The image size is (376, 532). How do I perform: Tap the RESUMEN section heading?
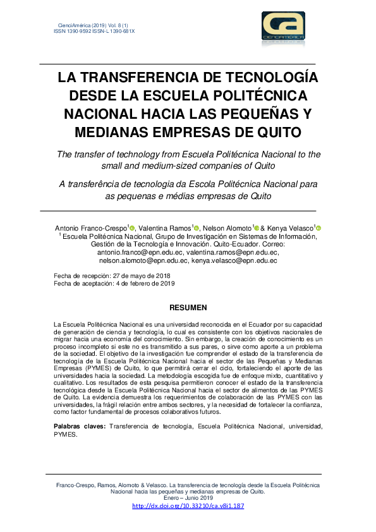coord(188,308)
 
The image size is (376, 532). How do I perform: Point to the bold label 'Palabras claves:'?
coord(80,427)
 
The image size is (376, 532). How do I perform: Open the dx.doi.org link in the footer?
coord(188,506)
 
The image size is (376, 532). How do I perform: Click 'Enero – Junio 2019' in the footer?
coord(188,497)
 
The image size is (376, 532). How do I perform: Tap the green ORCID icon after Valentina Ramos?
coord(197,228)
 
